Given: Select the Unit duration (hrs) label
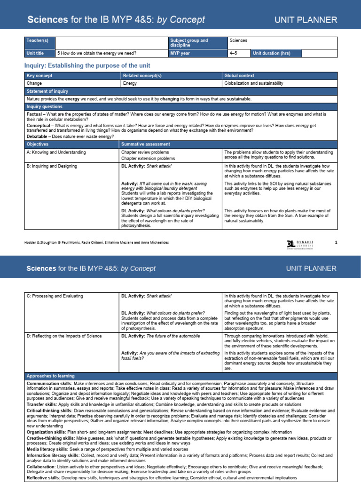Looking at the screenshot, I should pyautogui.click(x=272, y=53).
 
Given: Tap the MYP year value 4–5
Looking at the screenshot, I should pyautogui.click(x=233, y=53).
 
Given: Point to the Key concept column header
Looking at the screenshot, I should pyautogui.click(x=39, y=75).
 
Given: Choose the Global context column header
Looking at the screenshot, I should pyautogui.click(x=239, y=75).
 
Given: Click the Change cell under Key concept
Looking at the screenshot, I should pyautogui.click(x=34, y=83).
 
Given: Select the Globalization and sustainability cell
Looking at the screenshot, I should pyautogui.click(x=254, y=83).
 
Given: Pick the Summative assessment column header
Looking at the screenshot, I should pyautogui.click(x=143, y=144).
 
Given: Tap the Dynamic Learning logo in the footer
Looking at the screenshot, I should pyautogui.click(x=301, y=243).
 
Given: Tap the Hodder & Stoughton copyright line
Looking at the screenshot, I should pyautogui.click(x=96, y=242).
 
